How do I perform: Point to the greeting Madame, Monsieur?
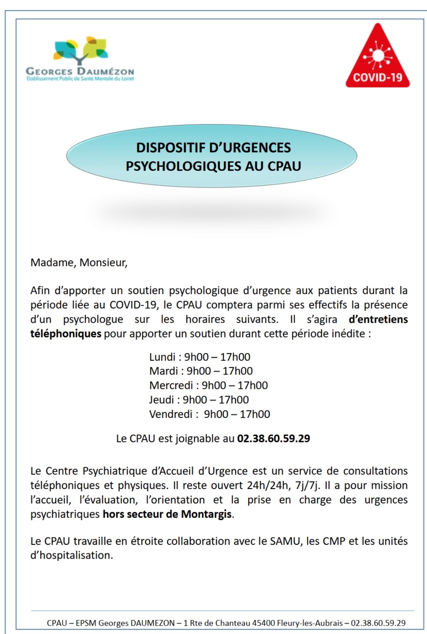[x=79, y=263]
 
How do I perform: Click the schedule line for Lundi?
[x=199, y=357]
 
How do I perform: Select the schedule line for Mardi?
[x=201, y=371]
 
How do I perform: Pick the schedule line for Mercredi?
[x=208, y=385]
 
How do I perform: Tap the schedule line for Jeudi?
[x=199, y=400]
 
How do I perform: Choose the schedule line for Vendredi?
[x=209, y=414]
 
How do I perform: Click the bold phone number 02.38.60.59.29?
[x=273, y=438]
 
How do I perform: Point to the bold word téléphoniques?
[x=66, y=334]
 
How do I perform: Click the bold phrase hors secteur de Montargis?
[x=167, y=514]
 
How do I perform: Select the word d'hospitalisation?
[x=71, y=556]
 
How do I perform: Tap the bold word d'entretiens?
[x=378, y=319]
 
